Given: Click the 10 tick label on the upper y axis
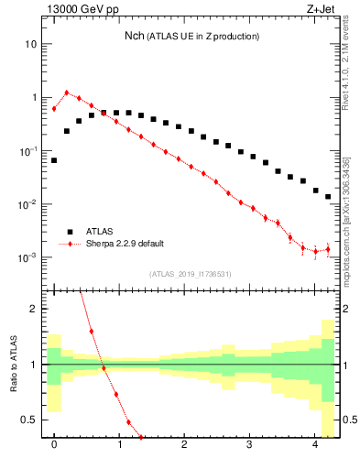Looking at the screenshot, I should tap(30, 44).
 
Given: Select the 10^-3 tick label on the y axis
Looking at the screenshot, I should tap(27, 257).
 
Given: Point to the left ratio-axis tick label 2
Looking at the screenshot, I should tap(35, 309).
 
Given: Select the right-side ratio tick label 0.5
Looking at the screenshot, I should tap(348, 420).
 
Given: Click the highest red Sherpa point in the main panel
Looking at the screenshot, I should tap(67, 93).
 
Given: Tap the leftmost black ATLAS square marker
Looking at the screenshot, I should tap(54, 160).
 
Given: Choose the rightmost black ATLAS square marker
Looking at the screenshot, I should tap(328, 196).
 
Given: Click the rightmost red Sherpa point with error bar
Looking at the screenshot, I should tap(328, 249).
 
